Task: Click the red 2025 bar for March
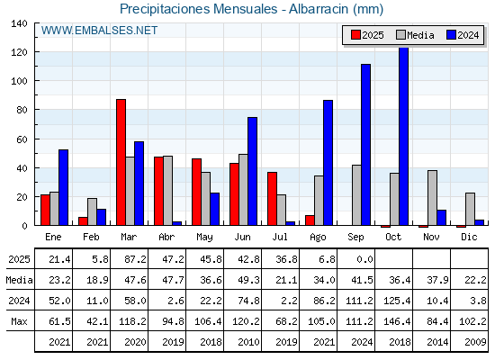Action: click(121, 162)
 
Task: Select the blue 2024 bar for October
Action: click(404, 136)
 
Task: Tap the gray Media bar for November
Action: click(432, 198)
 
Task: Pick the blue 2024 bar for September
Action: click(365, 145)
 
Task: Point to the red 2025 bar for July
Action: click(272, 199)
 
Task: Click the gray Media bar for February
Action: click(92, 211)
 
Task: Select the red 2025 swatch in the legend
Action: click(355, 35)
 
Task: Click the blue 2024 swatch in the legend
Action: click(451, 35)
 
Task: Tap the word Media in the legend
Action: click(420, 35)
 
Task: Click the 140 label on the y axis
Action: click(20, 23)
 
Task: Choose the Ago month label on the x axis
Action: click(318, 238)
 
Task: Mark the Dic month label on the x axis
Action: click(469, 237)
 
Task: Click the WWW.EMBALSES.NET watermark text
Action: click(99, 31)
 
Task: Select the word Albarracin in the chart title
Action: click(319, 9)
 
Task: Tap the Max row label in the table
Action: click(19, 321)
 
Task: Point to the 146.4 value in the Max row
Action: click(397, 321)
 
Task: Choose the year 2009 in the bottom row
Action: click(475, 342)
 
